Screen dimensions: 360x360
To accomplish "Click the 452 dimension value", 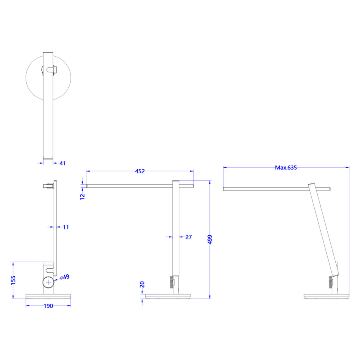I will coord(140,171).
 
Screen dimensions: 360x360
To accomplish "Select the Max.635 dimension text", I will coord(286,168).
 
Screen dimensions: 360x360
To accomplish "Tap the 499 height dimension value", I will coord(210,239).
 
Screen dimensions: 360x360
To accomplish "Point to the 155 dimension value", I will coord(13,280).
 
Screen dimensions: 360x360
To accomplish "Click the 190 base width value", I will coord(48,306).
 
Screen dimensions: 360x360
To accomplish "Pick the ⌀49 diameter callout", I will coord(64,277).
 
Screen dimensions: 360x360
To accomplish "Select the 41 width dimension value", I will coord(62,163).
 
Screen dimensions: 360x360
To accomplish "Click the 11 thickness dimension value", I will coord(66,227).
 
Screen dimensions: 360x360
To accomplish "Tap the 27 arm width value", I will coord(188,237).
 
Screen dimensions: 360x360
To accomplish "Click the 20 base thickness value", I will coord(142,284).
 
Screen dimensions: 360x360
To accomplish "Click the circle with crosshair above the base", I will coord(48,282).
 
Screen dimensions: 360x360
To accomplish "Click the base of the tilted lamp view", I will coord(327,296).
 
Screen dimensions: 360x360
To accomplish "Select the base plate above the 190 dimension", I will coord(48,296).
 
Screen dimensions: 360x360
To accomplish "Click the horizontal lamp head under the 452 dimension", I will coord(129,186).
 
